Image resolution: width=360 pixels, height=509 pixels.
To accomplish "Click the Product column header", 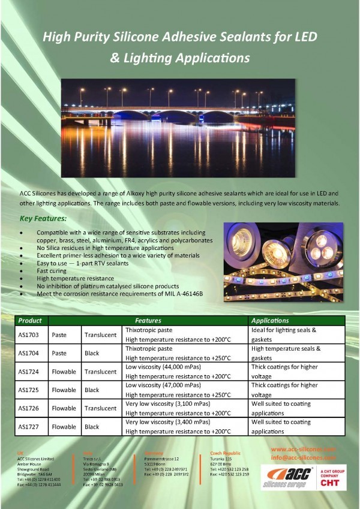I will point(31,321).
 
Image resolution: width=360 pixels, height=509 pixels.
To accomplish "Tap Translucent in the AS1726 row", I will point(100,408).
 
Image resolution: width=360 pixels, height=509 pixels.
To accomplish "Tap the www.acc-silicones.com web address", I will point(303,449).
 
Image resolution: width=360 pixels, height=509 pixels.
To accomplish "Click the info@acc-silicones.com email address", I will point(303,457).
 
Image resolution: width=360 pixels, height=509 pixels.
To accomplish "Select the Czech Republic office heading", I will point(226,453).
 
